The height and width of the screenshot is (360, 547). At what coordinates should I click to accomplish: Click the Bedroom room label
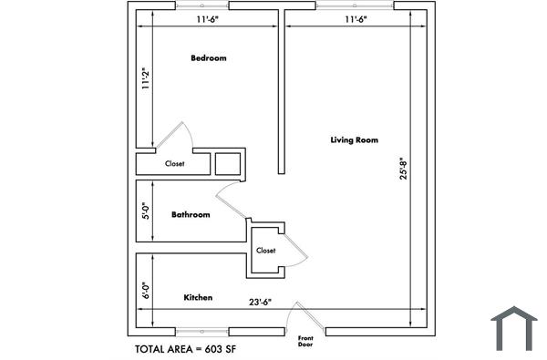(x=208, y=58)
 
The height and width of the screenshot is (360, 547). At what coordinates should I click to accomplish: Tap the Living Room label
(x=354, y=139)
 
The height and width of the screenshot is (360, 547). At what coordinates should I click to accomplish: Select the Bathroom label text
(x=191, y=215)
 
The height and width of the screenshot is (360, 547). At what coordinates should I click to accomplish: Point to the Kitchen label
(x=199, y=298)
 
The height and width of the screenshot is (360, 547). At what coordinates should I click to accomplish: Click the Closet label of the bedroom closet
(x=175, y=164)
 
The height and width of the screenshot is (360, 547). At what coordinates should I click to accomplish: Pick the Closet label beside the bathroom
(x=265, y=250)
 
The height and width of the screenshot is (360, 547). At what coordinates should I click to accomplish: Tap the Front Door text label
(x=305, y=342)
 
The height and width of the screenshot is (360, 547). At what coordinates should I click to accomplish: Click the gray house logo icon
(x=514, y=328)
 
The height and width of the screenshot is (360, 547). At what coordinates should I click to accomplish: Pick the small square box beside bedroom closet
(x=227, y=163)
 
